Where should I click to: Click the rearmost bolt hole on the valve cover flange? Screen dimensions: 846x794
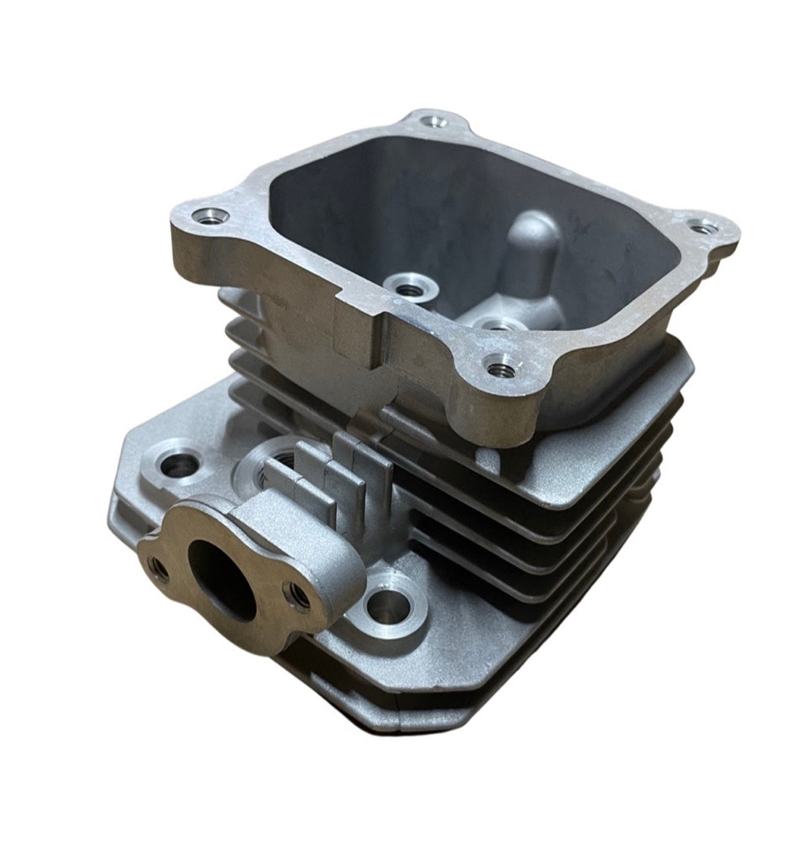pos(434,122)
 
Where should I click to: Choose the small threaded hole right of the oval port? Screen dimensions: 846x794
pos(298,595)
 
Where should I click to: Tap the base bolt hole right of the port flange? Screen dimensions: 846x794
pos(387,604)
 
